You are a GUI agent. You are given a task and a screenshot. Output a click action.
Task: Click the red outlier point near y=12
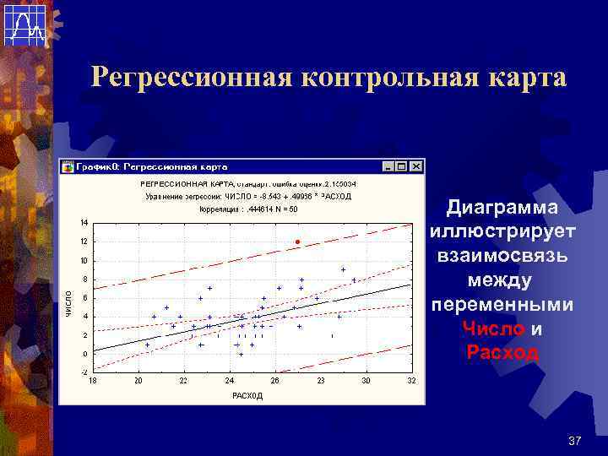tap(297, 242)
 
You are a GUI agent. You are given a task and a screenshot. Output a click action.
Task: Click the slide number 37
tap(576, 441)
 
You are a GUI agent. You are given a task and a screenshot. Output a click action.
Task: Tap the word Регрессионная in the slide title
tap(192, 78)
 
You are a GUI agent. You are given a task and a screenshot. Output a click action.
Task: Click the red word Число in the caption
tap(493, 329)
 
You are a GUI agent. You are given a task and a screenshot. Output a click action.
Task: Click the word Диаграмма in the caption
tap(502, 208)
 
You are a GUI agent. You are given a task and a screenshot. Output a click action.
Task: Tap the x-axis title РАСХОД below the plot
tap(247, 395)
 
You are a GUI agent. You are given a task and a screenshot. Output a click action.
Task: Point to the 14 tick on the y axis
tap(84, 223)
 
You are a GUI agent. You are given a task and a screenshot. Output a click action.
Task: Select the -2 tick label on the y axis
tap(83, 372)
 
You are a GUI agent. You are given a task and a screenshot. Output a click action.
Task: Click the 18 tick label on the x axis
tap(93, 382)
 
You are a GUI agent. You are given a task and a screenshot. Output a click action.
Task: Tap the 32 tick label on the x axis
tap(411, 382)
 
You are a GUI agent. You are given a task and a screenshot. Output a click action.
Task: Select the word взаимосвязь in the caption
tap(502, 256)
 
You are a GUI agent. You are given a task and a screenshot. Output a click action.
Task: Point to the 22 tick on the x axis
tap(184, 382)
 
